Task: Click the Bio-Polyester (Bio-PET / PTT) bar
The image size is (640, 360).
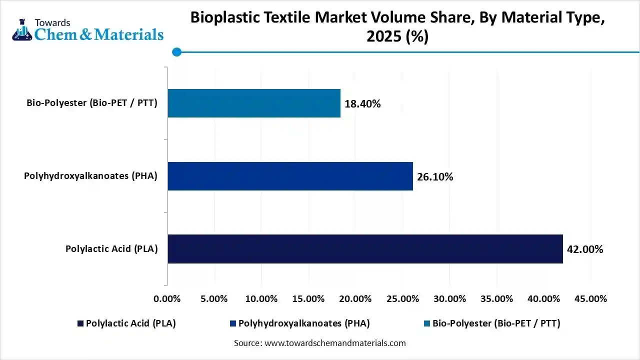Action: coord(254,103)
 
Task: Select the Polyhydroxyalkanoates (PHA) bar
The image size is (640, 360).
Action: coord(290,176)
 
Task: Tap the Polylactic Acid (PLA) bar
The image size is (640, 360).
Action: coord(365,249)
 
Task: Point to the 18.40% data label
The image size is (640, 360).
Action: coord(362,104)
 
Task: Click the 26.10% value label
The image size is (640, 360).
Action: coord(435,176)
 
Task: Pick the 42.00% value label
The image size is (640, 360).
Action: coord(585,249)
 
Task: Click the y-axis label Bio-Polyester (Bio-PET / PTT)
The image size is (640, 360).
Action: coord(92,103)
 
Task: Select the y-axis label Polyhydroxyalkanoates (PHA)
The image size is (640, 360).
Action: coord(90,176)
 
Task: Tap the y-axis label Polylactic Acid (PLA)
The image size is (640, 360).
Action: coord(111,249)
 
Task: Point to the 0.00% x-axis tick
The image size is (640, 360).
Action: coord(167,299)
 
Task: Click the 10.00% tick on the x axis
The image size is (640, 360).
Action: coord(261,299)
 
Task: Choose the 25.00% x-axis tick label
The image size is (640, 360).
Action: coord(402,299)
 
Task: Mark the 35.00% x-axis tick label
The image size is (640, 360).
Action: coord(496,299)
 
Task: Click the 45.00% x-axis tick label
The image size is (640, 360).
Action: coord(590,299)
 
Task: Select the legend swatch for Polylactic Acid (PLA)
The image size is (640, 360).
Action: coord(80,324)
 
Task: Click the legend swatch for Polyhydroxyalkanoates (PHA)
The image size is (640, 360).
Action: coord(233,324)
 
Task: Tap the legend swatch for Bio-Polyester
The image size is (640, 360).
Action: coord(427,324)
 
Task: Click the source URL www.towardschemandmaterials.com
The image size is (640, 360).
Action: coord(334,343)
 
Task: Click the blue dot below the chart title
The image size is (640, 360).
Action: coord(176,52)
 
